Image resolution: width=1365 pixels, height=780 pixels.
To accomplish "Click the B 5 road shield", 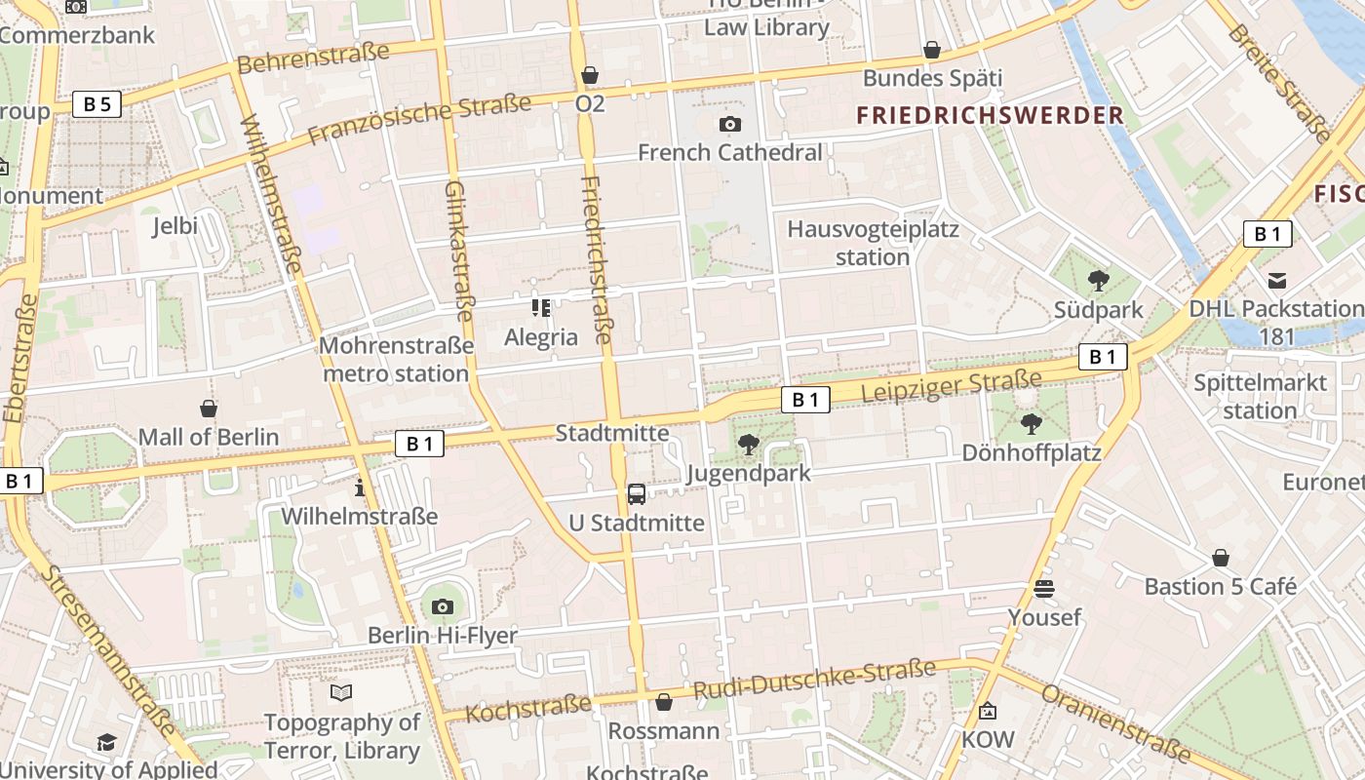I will [97, 104].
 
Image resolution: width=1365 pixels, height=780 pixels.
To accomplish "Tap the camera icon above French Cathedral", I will [729, 124].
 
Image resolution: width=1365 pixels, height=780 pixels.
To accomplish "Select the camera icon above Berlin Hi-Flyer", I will [442, 606].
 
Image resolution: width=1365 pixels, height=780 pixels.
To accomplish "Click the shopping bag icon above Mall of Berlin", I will [208, 408].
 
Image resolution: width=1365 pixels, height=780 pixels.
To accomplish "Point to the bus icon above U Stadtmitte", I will [637, 493].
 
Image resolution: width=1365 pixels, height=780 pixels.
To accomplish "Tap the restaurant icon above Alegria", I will [541, 308].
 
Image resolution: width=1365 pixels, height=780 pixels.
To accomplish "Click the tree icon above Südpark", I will [1098, 281].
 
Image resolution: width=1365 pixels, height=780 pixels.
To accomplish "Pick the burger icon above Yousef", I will [1044, 588].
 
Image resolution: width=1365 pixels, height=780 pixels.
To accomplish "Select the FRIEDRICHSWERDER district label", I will [990, 115].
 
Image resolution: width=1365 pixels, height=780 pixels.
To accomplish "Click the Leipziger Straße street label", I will [952, 386].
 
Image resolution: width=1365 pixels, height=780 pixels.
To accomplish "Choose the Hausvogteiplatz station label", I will [873, 244].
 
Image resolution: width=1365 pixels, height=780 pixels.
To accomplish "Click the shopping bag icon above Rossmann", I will [664, 701].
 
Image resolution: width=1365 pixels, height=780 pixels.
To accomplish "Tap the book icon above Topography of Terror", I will [341, 692].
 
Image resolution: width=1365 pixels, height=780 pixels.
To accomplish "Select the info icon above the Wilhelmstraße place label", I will [360, 487].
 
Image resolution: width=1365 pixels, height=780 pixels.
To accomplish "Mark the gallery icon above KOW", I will [988, 711].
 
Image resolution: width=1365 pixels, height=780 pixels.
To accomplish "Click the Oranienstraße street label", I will [1116, 722].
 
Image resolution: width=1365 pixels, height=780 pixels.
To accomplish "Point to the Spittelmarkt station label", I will [1260, 396].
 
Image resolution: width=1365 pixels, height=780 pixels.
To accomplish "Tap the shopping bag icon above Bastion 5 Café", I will [1220, 558].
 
